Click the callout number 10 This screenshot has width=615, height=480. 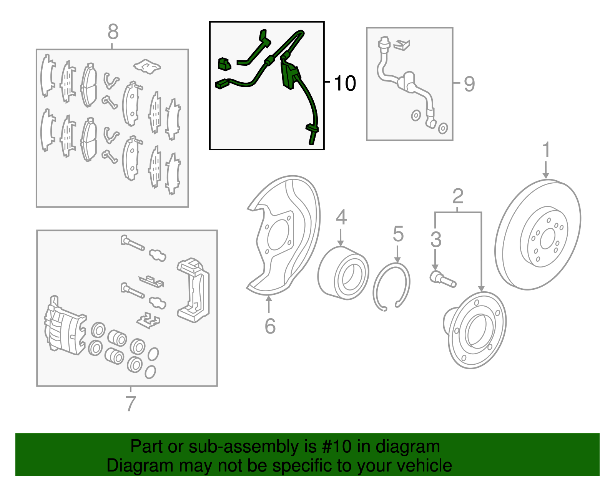345,83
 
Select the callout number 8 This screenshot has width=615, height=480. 113,32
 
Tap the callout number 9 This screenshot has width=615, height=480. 469,83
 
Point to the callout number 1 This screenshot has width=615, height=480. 546,150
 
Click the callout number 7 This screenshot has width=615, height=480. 131,404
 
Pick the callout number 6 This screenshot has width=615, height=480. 270,326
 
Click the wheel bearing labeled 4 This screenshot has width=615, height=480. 343,273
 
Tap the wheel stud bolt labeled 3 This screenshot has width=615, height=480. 442,279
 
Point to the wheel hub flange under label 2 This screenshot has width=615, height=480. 477,331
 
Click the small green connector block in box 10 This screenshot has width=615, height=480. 224,64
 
